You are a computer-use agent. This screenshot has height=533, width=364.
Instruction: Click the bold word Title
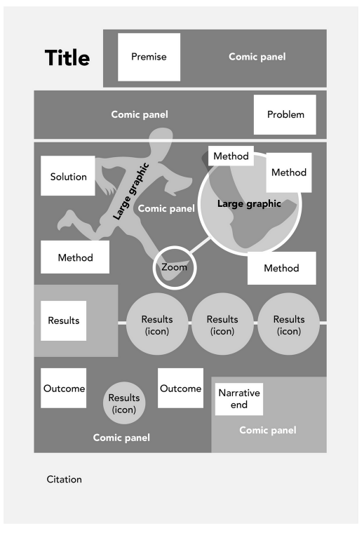[67, 58]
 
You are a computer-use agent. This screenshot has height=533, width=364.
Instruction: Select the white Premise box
[149, 57]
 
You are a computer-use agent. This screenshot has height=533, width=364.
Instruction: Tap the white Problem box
[285, 114]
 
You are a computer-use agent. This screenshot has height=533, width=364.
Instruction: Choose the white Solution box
[68, 176]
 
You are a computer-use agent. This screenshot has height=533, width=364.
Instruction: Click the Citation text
[64, 480]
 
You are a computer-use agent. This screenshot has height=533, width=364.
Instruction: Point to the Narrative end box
[239, 398]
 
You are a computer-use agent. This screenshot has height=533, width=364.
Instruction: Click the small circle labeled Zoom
[175, 267]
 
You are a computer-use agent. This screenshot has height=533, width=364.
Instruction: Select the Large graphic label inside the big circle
[248, 204]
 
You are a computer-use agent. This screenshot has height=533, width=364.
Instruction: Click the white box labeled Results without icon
[63, 321]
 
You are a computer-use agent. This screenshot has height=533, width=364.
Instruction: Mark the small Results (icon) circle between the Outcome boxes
[124, 404]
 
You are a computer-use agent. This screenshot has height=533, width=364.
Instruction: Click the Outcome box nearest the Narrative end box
[180, 388]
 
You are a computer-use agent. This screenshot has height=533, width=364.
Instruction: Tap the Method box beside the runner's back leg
[75, 257]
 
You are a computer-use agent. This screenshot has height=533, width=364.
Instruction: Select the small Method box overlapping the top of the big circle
[231, 156]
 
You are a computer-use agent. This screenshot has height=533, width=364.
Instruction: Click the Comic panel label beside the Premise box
[257, 57]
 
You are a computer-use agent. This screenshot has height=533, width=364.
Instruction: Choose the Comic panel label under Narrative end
[268, 430]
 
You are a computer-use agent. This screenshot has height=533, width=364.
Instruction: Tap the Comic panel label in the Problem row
[140, 114]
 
